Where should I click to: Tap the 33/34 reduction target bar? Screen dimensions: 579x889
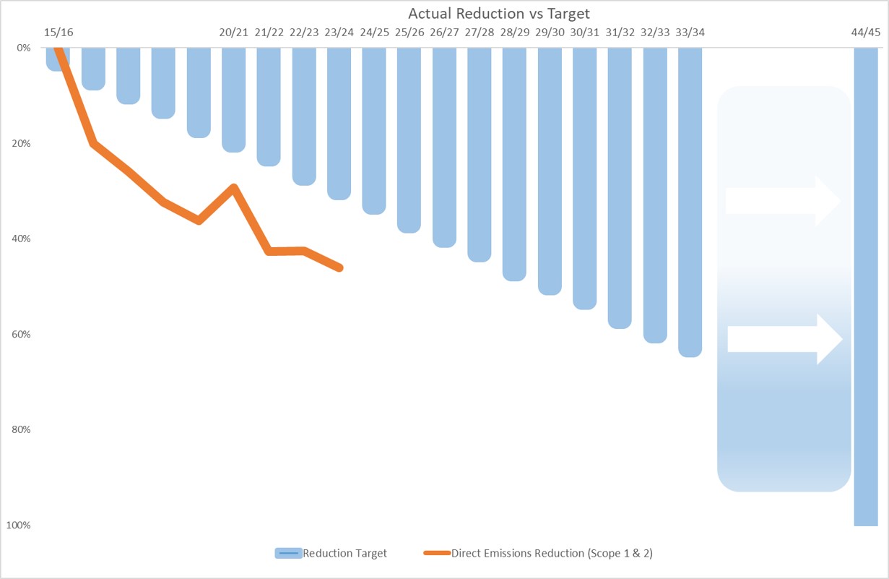click(690, 202)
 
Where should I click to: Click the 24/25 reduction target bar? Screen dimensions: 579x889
click(374, 131)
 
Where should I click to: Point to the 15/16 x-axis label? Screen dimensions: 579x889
click(58, 33)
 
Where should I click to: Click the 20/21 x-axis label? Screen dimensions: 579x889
click(234, 33)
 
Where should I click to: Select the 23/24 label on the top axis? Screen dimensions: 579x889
click(339, 33)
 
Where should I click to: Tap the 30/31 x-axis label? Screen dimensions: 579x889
click(584, 33)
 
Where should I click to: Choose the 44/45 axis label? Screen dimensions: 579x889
click(865, 33)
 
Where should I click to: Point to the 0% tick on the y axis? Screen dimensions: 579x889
click(24, 48)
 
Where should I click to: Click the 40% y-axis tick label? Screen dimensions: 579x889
click(22, 239)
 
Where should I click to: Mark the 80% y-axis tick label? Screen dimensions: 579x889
click(22, 429)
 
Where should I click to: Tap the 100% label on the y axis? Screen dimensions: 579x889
click(19, 525)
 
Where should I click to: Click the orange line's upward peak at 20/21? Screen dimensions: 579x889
click(234, 187)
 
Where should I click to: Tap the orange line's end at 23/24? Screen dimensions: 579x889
click(339, 267)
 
